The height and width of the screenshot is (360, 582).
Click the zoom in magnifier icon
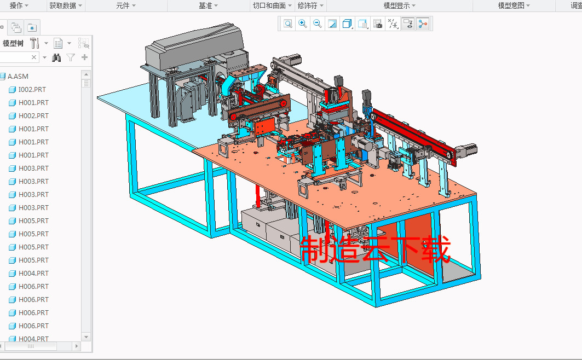pos(302,24)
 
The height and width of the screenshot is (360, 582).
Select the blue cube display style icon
pos(347,24)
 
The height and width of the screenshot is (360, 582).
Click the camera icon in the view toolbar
pos(377,24)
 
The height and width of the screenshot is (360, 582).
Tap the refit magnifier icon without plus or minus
pos(287,24)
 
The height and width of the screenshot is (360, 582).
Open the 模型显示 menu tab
pos(399,5)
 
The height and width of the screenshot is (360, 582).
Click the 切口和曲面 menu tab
pos(269,5)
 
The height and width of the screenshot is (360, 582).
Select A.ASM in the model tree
pos(18,77)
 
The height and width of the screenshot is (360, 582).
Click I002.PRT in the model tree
pos(32,90)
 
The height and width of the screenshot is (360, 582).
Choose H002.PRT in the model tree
pos(33,116)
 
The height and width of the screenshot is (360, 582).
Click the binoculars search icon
pos(56,57)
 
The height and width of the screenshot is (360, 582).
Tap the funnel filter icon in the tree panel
pos(71,57)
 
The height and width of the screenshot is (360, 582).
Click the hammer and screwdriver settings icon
pos(34,43)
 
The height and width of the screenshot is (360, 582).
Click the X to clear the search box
pos(34,57)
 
